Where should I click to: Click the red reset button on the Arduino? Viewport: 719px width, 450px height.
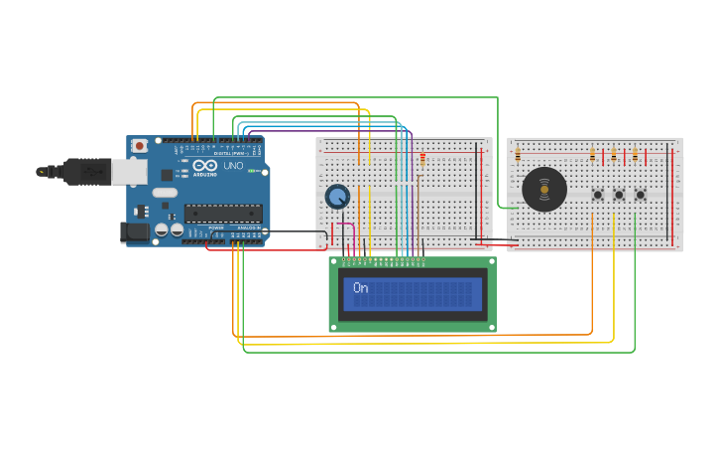click(140, 146)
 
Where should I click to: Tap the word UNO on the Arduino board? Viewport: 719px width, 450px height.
click(234, 166)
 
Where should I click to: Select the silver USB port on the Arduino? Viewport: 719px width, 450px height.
click(128, 173)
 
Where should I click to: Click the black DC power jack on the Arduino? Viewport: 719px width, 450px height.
click(136, 232)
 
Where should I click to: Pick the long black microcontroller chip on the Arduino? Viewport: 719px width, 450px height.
click(223, 213)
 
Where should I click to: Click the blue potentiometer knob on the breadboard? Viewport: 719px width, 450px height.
click(337, 197)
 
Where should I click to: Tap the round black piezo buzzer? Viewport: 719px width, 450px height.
click(544, 189)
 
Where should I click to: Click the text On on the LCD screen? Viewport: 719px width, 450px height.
click(361, 288)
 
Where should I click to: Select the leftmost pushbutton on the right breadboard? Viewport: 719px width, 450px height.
click(598, 195)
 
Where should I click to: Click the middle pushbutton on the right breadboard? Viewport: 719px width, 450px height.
click(619, 195)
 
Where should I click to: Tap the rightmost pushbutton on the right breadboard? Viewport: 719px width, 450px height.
click(640, 195)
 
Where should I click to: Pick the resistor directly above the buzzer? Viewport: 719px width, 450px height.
click(518, 155)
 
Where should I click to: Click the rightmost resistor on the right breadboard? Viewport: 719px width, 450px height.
click(635, 155)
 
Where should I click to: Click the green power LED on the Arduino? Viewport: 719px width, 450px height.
click(253, 172)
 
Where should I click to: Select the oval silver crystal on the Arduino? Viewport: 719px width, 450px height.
click(165, 193)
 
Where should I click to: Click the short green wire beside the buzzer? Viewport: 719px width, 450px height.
click(503, 208)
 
